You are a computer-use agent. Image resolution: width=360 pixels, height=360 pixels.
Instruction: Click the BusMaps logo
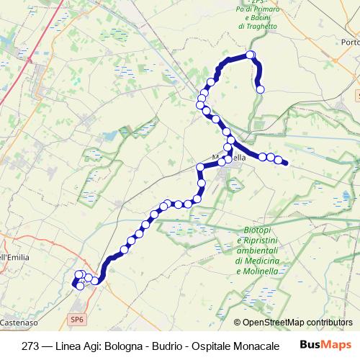(326, 343)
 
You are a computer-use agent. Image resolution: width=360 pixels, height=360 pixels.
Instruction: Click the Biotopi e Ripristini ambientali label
(256, 238)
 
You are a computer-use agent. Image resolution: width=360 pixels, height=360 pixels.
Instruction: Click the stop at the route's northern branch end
(261, 89)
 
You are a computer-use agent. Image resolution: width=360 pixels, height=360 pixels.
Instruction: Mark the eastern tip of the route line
(287, 163)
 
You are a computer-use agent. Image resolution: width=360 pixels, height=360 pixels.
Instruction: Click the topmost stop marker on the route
(251, 55)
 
